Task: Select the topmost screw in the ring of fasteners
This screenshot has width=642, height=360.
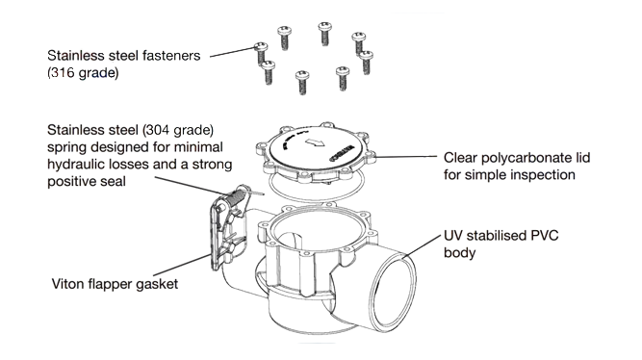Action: pos(323,33)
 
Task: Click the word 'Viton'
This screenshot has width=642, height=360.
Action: pos(68,285)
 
